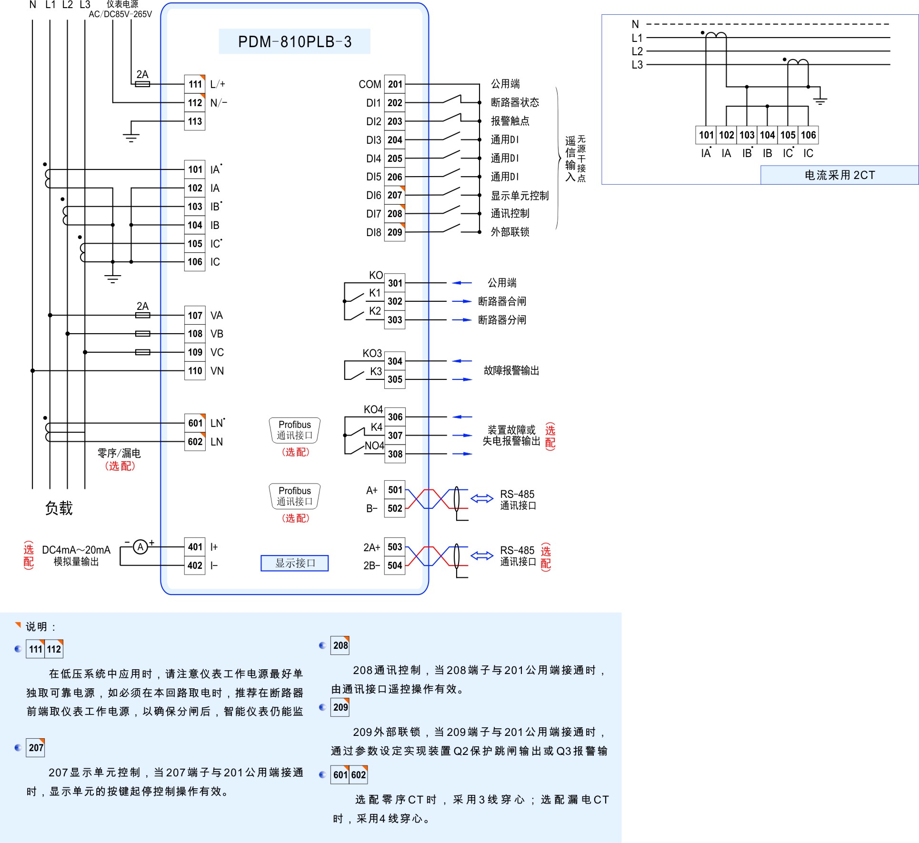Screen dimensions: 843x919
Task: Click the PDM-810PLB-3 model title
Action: click(294, 42)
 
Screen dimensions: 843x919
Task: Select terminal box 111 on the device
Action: click(195, 84)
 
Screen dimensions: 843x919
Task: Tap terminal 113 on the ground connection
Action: click(195, 121)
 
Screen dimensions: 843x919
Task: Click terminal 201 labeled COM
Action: click(395, 84)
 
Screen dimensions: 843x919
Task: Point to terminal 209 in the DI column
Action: click(395, 232)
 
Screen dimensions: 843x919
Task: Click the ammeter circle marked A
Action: click(140, 547)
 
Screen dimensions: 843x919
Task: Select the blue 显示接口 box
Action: click(295, 563)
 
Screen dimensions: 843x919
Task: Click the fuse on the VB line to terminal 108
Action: click(143, 334)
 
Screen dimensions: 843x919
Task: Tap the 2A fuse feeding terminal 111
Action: click(143, 84)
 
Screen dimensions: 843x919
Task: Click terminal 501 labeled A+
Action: click(395, 490)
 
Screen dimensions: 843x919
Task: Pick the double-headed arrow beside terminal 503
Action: click(482, 555)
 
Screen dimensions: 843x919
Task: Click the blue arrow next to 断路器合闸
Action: click(461, 301)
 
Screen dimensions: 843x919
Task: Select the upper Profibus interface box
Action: click(295, 430)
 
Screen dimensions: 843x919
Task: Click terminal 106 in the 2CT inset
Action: click(808, 135)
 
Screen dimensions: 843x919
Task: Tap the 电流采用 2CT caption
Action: click(839, 175)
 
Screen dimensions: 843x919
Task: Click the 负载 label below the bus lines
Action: click(59, 508)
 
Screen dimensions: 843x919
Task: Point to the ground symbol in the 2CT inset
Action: click(820, 99)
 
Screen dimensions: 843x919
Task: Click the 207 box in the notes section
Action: click(36, 748)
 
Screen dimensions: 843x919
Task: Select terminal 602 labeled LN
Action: click(195, 442)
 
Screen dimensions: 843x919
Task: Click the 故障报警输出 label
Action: click(511, 370)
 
